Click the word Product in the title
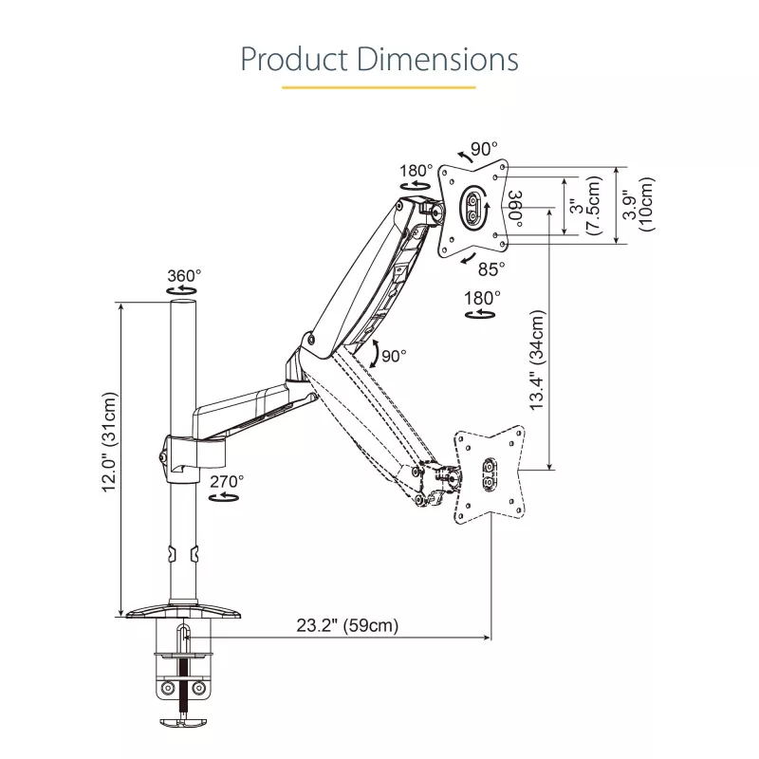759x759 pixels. pyautogui.click(x=294, y=59)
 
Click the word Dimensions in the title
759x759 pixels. pyautogui.click(x=438, y=59)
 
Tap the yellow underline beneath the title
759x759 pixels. pyautogui.click(x=379, y=87)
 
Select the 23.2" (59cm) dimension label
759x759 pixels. pyautogui.click(x=347, y=625)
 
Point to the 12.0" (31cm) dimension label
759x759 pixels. pyautogui.click(x=109, y=442)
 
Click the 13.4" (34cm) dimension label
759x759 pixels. pyautogui.click(x=537, y=361)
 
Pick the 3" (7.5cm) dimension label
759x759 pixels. pyautogui.click(x=585, y=206)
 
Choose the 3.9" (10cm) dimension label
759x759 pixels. pyautogui.click(x=639, y=204)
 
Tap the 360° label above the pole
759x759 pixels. pyautogui.click(x=184, y=276)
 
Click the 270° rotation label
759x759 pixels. pyautogui.click(x=227, y=482)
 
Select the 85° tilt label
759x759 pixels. pyautogui.click(x=491, y=269)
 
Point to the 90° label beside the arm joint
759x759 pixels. pyautogui.click(x=394, y=356)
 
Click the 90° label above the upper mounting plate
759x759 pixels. pyautogui.click(x=484, y=149)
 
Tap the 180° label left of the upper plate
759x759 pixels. pyautogui.click(x=416, y=171)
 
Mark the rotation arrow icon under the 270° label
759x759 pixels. pyautogui.click(x=224, y=497)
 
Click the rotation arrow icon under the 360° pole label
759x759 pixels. pyautogui.click(x=181, y=290)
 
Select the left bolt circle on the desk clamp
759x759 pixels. pyautogui.click(x=169, y=688)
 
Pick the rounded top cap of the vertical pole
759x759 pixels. pyautogui.click(x=183, y=303)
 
